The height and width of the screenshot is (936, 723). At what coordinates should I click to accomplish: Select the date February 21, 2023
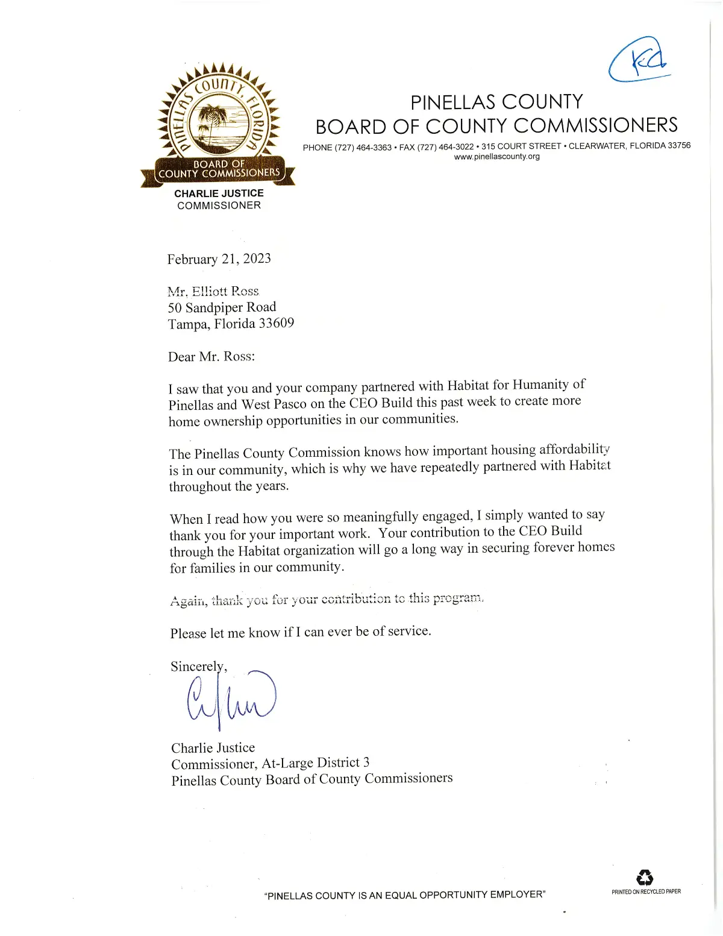click(219, 259)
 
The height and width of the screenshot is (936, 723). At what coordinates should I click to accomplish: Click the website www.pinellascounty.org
click(496, 157)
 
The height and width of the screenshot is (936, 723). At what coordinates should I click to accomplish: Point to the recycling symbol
click(645, 878)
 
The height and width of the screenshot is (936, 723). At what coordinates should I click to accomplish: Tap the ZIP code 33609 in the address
click(276, 324)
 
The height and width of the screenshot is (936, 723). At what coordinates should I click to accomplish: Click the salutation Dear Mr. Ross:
click(211, 357)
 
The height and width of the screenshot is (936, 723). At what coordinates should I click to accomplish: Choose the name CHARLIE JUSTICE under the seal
click(219, 193)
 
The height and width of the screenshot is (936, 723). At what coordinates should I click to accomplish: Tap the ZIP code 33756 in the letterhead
click(679, 145)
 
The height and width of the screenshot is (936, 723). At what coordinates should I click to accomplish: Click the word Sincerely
click(198, 667)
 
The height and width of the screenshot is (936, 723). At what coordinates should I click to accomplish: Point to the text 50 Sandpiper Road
click(222, 307)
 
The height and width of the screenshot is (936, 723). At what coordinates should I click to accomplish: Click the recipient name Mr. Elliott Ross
click(213, 292)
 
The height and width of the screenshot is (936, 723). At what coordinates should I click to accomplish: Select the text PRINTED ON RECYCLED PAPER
click(646, 891)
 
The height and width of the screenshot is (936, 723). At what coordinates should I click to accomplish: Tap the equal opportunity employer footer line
click(405, 895)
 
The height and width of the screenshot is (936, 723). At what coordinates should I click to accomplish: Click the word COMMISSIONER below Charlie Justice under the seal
click(219, 206)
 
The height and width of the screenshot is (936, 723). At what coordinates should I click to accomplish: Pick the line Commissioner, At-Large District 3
click(270, 764)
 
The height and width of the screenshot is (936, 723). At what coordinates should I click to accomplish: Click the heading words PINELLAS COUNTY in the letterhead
click(496, 102)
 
